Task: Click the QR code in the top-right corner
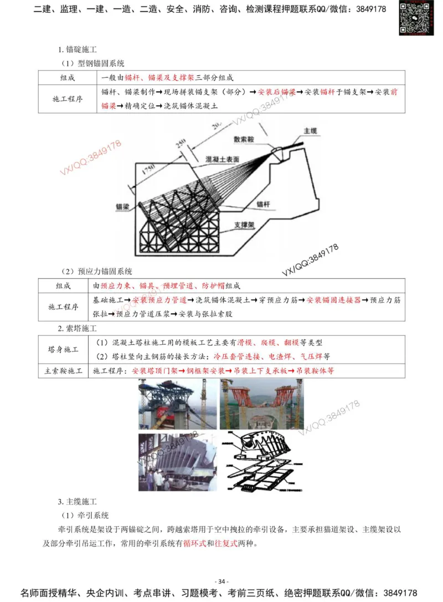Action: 416,18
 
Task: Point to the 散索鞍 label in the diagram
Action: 244,140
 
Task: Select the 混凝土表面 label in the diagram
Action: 222,159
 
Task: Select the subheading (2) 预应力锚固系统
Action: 96,272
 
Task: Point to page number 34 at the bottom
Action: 221,581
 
